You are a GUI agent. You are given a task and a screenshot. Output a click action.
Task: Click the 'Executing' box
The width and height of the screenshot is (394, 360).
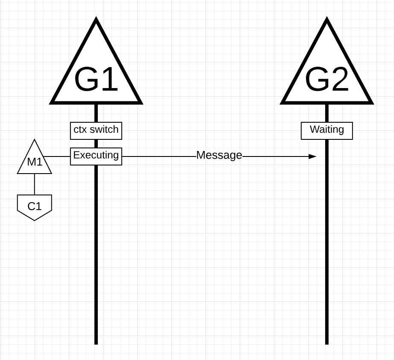point(96,156)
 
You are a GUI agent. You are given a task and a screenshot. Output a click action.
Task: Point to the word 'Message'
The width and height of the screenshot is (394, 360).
point(219,156)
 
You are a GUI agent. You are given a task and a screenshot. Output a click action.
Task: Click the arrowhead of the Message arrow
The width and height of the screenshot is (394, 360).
point(313,156)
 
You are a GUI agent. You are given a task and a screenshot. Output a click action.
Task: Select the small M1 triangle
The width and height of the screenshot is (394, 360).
point(35,160)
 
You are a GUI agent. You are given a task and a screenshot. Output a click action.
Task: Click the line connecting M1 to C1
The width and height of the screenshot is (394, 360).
point(35,184)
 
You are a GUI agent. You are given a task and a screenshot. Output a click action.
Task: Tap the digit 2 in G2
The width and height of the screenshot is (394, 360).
point(338,80)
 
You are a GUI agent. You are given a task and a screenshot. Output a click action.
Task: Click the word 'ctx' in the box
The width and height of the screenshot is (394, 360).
point(80,130)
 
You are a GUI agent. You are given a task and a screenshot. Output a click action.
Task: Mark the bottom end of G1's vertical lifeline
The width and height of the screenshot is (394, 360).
point(96,343)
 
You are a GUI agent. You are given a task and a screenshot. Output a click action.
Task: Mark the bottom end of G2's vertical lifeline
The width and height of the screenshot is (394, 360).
point(327,343)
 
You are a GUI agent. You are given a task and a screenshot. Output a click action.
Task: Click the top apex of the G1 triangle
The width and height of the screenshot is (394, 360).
point(96,20)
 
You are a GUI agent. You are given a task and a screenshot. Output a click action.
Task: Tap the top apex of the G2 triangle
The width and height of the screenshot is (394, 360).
point(327,20)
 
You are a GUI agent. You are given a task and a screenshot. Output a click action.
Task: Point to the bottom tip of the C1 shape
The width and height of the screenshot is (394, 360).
point(35,220)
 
